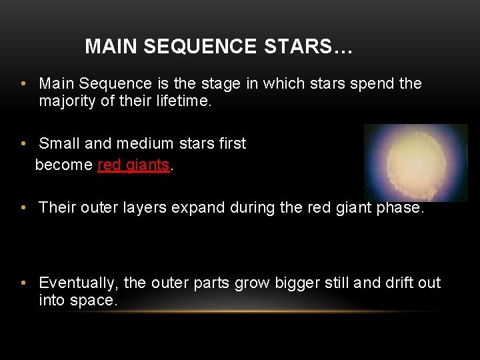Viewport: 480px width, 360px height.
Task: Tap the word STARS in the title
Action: [x=299, y=47]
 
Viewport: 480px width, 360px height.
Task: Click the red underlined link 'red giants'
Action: [x=133, y=165]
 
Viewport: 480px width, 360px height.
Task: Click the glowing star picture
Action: [x=416, y=163]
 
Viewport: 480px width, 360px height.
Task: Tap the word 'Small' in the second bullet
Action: [x=58, y=143]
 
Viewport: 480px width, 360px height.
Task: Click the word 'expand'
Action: [x=198, y=207]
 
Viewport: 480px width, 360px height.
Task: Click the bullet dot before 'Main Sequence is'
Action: [x=23, y=83]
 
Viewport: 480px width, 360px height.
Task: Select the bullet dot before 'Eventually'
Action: [x=23, y=283]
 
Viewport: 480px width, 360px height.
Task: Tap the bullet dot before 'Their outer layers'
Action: [x=23, y=207]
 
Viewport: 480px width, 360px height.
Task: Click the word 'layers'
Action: [x=146, y=207]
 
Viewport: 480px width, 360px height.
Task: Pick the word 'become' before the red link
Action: [x=64, y=165]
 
